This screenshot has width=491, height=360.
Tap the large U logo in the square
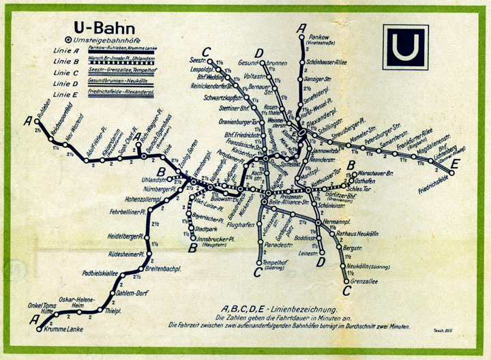pyautogui.click(x=406, y=47)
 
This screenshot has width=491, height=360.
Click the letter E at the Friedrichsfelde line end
pyautogui.click(x=455, y=163)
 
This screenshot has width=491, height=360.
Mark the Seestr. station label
pyautogui.click(x=198, y=59)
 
